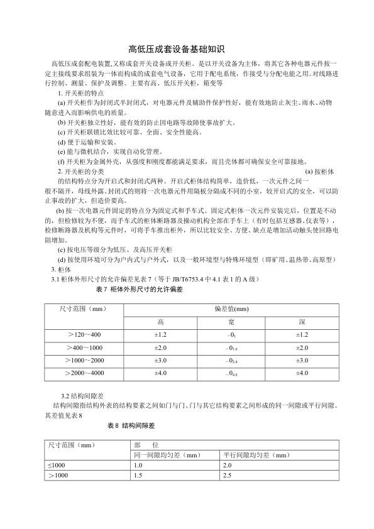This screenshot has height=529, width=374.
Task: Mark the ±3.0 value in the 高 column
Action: (160, 360)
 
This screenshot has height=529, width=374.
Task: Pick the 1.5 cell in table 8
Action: (138, 476)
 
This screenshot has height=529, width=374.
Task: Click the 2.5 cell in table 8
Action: (228, 476)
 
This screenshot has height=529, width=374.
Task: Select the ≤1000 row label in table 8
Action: (57, 466)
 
